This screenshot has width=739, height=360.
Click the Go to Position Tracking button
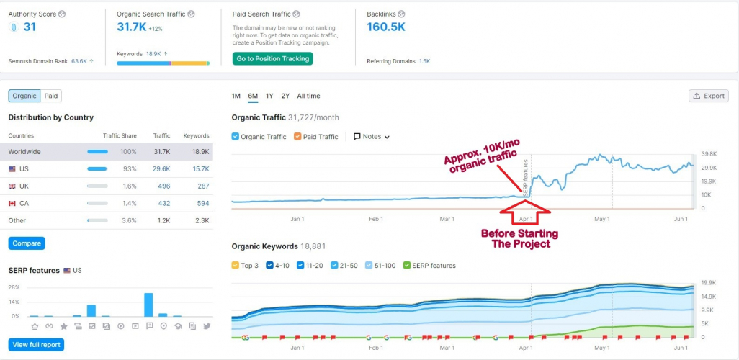[272, 58]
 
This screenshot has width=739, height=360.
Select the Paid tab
[50, 96]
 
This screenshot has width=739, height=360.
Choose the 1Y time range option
[269, 96]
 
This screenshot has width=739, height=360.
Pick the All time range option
[308, 96]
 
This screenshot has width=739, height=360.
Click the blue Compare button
[26, 243]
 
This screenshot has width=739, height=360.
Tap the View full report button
[36, 344]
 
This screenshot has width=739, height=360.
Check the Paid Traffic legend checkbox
[298, 137]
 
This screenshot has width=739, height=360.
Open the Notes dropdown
[372, 137]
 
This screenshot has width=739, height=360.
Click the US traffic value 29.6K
[161, 168]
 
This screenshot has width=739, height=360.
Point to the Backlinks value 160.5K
[386, 27]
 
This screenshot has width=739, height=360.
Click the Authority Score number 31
[30, 27]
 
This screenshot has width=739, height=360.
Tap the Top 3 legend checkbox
[236, 266]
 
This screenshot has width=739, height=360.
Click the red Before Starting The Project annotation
[519, 238]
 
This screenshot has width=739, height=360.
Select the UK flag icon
[12, 186]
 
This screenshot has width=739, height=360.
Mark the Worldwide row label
[24, 151]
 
